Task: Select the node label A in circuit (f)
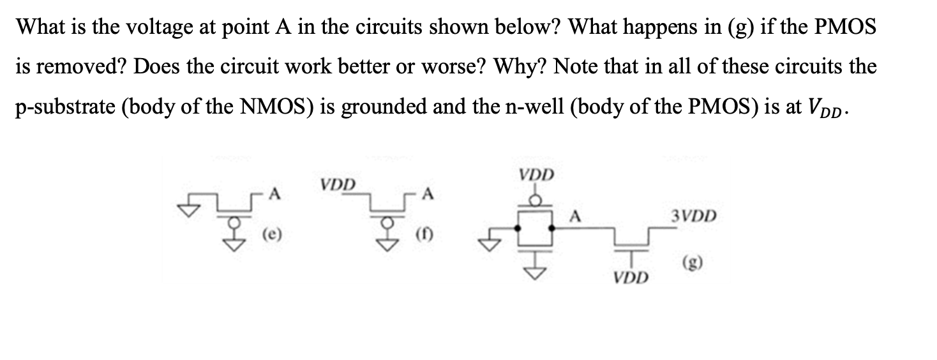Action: pyautogui.click(x=428, y=195)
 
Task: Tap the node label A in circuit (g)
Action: pyautogui.click(x=574, y=216)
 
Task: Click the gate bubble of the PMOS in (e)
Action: pyautogui.click(x=222, y=222)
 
